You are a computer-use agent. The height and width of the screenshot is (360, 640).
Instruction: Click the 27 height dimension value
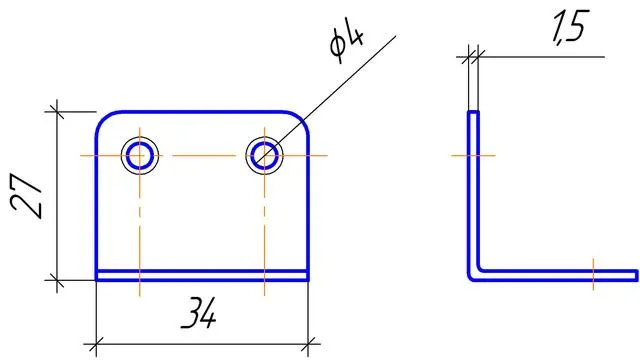pos(26,196)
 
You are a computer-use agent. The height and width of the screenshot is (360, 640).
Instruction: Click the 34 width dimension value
pos(198,313)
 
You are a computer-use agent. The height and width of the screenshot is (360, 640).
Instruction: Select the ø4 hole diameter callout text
pos(347,41)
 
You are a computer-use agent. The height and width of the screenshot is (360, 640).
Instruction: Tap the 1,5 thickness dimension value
pos(571,27)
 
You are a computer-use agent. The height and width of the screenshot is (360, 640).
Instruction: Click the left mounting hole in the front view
pos(140,156)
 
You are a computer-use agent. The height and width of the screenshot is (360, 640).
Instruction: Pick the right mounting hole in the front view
pos(264,156)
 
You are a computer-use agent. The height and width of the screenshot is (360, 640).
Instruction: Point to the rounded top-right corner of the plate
pos(301,119)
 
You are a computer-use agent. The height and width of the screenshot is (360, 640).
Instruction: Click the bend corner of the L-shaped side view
pos(472,276)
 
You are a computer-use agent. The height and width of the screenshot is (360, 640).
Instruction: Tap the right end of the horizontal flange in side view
pos(636,276)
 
